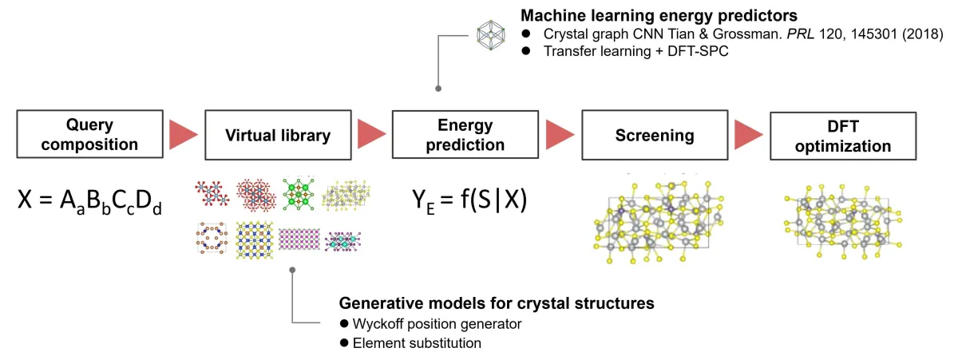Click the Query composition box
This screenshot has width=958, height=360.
click(x=89, y=135)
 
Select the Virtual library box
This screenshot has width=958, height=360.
click(x=277, y=135)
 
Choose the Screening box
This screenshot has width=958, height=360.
click(x=655, y=135)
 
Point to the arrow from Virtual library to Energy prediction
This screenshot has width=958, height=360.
click(x=372, y=135)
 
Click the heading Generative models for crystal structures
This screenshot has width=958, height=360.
click(x=497, y=304)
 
